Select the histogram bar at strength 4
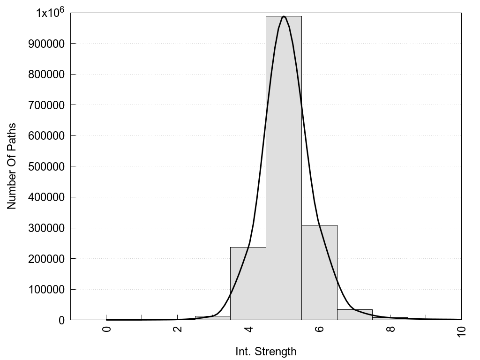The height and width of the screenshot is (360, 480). (x=248, y=283)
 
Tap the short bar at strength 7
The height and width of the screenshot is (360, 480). (x=355, y=315)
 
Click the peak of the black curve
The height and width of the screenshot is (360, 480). (x=284, y=16)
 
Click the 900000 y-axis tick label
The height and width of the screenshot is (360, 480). (x=46, y=44)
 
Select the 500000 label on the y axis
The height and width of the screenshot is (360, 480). (x=46, y=166)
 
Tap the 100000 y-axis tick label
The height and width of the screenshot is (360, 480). (x=46, y=290)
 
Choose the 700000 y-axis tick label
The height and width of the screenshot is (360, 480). (x=46, y=105)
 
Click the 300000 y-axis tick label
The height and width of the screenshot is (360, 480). (x=46, y=228)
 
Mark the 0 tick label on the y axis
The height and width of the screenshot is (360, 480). (x=61, y=320)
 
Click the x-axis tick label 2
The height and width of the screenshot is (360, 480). (x=178, y=329)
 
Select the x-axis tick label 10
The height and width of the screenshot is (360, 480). (x=462, y=331)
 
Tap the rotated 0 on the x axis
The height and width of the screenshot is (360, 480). (x=106, y=329)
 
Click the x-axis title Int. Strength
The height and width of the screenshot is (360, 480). (x=266, y=351)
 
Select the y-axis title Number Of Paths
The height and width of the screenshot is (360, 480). (x=12, y=166)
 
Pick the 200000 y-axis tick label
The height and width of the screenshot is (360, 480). (x=46, y=259)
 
